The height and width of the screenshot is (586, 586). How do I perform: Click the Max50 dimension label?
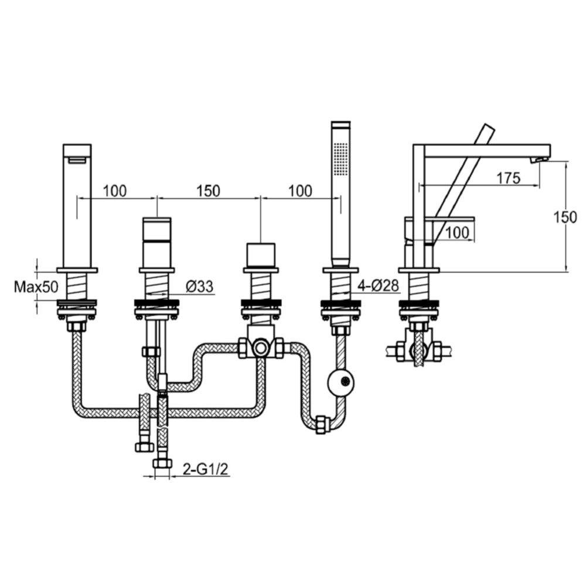[x=36, y=287]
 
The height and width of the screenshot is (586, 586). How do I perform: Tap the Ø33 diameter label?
[x=199, y=287]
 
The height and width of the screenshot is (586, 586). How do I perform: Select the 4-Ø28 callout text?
[x=378, y=286]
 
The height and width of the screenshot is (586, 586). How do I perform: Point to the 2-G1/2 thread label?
[x=205, y=469]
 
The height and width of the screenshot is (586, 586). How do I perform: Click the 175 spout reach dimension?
[x=508, y=178]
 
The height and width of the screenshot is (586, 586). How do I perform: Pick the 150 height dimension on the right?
[x=565, y=217]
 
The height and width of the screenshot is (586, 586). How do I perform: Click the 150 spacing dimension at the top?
[x=208, y=191]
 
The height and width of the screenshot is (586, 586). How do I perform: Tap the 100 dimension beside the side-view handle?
[x=457, y=233]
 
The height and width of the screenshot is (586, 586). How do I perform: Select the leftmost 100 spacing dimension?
[x=115, y=191]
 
